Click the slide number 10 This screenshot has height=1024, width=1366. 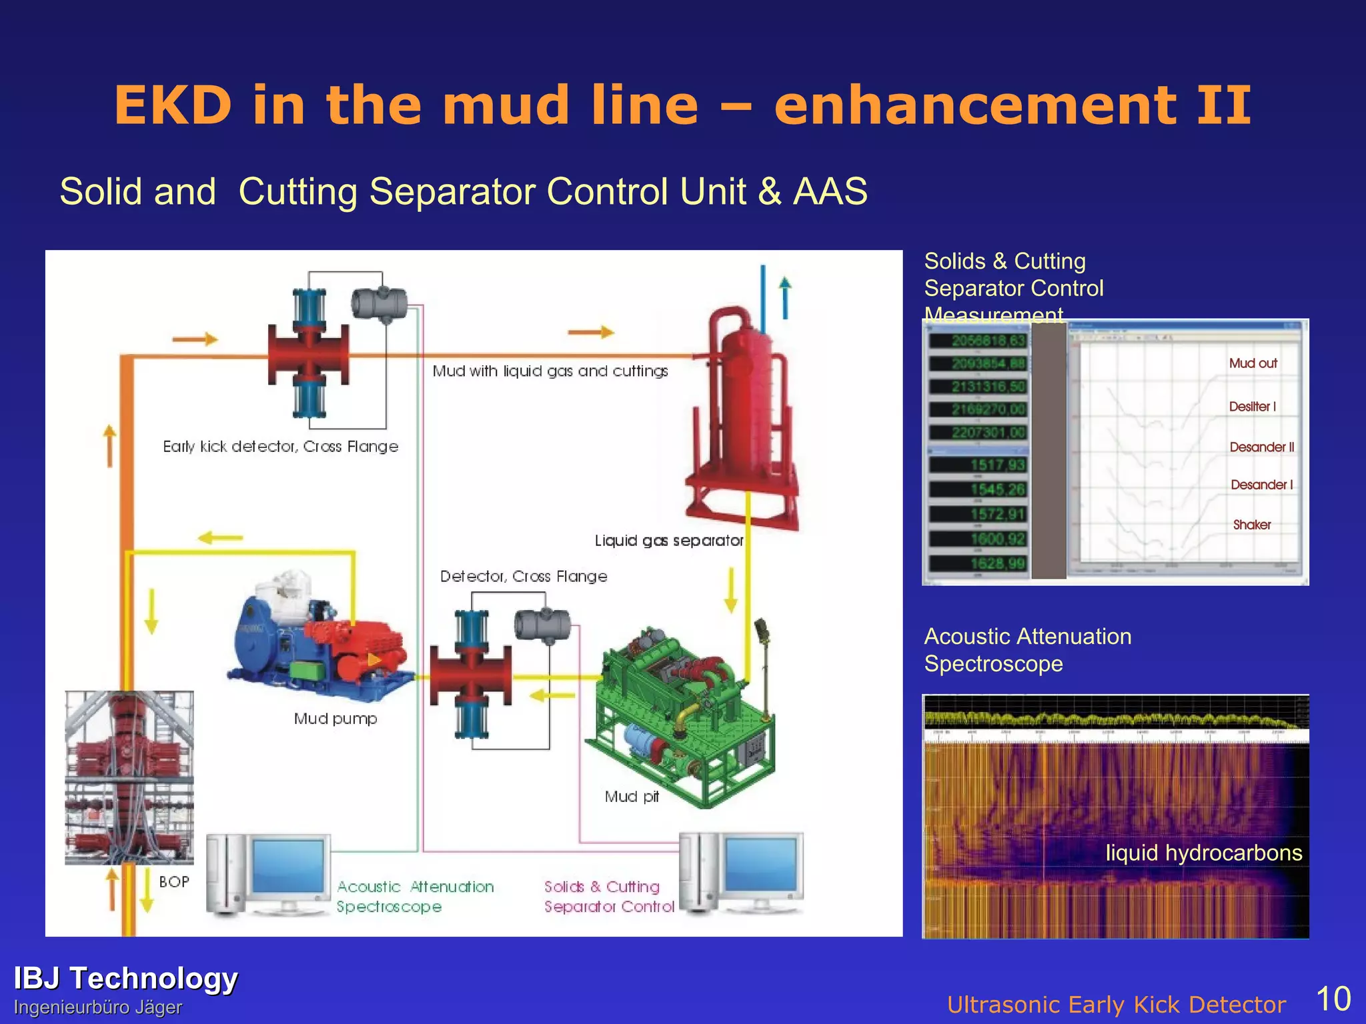1333,999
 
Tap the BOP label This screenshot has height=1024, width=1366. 174,881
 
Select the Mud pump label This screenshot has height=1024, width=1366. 335,719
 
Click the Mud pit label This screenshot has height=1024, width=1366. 631,797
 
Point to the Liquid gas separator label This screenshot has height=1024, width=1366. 668,541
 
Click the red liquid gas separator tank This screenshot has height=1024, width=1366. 744,413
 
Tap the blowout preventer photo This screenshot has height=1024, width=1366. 129,777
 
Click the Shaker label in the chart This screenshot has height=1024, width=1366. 1251,525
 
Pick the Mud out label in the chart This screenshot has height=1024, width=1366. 1253,363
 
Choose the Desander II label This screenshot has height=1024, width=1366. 1261,447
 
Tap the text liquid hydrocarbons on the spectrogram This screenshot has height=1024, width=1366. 1203,853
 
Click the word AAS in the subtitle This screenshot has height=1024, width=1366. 830,192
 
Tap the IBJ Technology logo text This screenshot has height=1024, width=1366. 125,978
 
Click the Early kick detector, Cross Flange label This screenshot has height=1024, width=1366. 280,447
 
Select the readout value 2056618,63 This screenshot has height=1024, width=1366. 988,341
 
